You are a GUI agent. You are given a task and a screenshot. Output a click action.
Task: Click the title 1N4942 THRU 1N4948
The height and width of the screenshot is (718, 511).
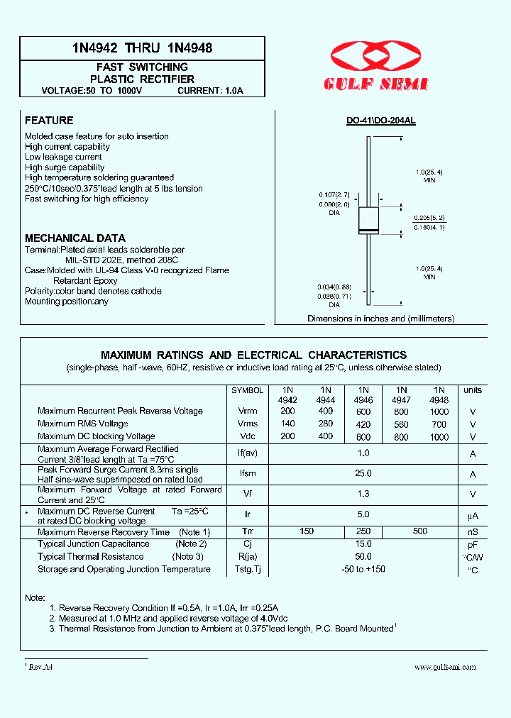142,48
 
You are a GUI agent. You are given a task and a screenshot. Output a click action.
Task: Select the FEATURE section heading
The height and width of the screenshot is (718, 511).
49,121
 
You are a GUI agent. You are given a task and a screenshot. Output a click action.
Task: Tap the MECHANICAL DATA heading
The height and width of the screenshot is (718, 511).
75,238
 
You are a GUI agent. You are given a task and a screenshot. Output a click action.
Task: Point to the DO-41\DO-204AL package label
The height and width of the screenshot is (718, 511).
380,121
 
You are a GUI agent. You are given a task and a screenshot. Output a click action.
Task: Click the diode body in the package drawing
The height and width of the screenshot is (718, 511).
368,220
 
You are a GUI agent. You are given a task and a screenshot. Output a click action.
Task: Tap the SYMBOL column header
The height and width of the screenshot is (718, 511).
248,390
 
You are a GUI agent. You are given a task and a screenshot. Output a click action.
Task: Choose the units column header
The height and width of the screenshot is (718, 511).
472,390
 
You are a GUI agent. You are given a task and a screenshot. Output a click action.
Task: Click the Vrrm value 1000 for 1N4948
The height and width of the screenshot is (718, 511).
439,412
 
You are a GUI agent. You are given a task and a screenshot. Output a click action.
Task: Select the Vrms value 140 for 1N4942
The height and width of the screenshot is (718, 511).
288,424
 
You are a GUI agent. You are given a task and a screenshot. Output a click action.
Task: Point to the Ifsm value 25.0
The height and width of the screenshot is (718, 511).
363,474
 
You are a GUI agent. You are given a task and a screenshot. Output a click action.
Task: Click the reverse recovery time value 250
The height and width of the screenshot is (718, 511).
363,532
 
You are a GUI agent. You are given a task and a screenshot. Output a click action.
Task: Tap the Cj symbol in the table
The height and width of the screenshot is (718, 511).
248,544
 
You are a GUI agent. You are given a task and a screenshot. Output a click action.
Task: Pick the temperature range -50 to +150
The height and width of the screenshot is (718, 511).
363,569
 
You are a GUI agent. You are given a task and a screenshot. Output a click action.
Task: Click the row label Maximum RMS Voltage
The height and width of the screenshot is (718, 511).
83,424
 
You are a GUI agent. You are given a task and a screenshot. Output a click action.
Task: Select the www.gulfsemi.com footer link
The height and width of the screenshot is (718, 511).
445,667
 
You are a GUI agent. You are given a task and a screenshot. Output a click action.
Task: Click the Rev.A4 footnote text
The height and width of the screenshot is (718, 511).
40,667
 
